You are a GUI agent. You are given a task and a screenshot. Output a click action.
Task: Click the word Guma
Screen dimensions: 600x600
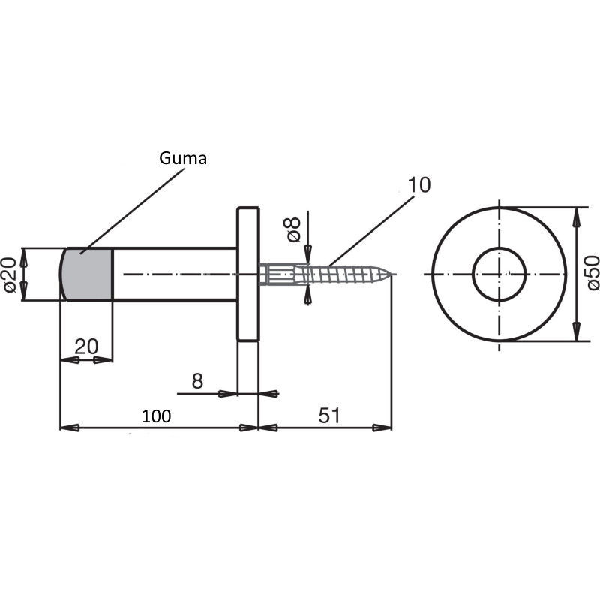183,158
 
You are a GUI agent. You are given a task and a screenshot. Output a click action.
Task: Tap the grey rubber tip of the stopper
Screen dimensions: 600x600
86,274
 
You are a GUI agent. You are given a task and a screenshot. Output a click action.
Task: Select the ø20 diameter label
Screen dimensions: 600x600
10,274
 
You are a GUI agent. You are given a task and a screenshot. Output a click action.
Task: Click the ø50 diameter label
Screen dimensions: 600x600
592,273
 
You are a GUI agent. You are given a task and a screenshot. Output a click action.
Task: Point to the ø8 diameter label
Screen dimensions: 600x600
294,229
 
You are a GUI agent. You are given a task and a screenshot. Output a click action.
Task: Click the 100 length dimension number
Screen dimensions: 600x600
156,416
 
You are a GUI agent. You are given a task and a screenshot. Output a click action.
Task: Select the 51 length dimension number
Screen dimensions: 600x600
329,415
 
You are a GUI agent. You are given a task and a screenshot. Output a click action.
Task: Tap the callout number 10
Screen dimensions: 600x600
419,185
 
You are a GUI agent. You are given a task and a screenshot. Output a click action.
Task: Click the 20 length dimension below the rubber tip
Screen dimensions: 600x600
86,346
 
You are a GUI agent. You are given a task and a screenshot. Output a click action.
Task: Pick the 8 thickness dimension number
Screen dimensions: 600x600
197,381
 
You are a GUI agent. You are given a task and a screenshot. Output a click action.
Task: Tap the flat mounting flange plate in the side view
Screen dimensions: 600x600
248,274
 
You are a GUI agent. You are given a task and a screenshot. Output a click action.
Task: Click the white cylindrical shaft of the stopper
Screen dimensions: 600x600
175,274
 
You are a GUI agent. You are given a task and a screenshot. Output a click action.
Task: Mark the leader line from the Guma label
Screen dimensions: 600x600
133,211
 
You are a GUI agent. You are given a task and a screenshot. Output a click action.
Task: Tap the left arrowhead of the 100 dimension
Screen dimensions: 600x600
70,427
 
